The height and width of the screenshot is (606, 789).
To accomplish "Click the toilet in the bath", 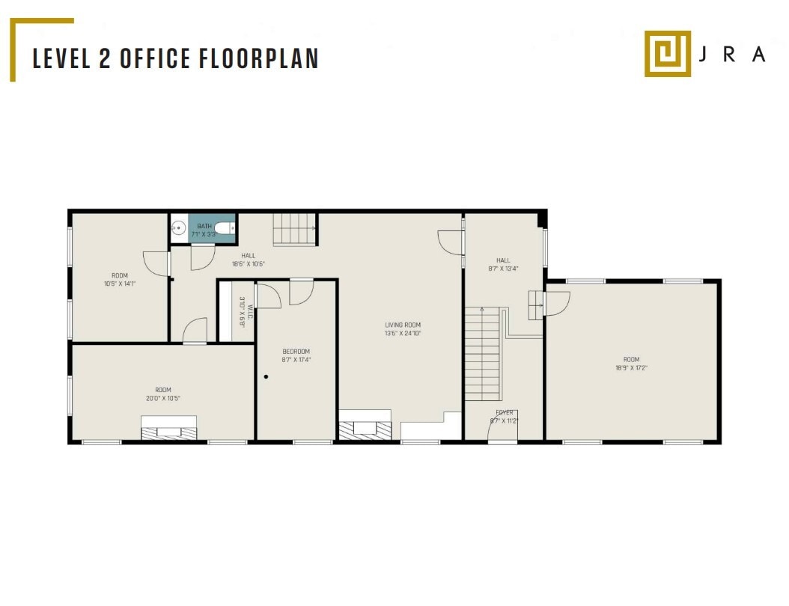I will click(x=225, y=229).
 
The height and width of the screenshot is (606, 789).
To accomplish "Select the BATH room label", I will click(x=204, y=226).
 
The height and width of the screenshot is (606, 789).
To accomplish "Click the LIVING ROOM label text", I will click(x=403, y=325).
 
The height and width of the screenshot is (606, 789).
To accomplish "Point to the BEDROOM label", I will click(x=296, y=352).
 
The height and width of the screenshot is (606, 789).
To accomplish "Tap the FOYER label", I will click(x=505, y=412).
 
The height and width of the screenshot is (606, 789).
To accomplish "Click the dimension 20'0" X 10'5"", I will click(x=163, y=399).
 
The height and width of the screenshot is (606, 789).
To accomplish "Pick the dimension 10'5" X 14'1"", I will click(x=119, y=284).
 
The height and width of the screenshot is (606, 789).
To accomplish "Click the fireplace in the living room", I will click(x=365, y=428).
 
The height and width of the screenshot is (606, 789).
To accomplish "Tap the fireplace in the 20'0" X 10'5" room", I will click(x=169, y=431).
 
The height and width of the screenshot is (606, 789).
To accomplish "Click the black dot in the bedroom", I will click(x=266, y=377).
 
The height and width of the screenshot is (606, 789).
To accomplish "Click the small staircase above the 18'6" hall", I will click(x=294, y=229).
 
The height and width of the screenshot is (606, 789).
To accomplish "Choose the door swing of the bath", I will click(x=201, y=256).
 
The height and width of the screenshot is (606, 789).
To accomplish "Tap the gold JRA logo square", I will click(x=668, y=53).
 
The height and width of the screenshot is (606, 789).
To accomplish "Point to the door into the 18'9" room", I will click(x=557, y=302).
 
